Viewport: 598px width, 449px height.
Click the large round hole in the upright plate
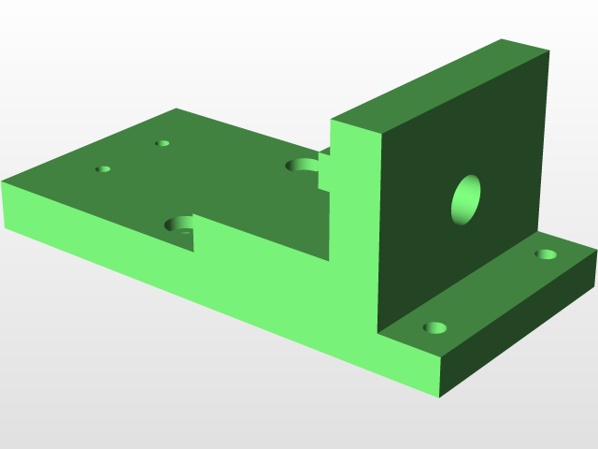coord(466,200)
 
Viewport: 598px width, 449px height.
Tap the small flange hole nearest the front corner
coord(435,327)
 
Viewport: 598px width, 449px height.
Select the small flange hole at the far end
coord(545,253)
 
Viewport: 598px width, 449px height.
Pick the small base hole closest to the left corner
coord(103,169)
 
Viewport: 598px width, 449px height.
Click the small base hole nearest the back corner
coord(163,143)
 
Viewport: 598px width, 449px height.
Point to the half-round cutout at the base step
coord(179,224)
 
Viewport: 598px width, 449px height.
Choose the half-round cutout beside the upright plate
coord(303,166)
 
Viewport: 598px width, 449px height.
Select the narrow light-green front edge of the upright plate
coord(355,234)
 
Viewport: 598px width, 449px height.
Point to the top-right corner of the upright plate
coord(548,51)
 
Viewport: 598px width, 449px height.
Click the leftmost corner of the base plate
coord(3,182)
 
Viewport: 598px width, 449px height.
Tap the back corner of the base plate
coord(177,109)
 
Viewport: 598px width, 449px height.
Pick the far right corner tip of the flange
coord(596,250)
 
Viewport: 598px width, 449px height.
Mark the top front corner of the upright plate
coord(381,133)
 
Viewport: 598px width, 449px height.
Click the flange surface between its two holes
coord(491,291)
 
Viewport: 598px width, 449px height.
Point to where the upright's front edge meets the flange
coord(378,334)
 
